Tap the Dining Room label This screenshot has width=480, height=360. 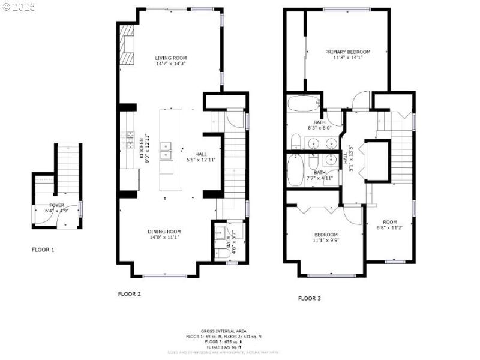coord(164,232)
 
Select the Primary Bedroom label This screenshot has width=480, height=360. coord(347,52)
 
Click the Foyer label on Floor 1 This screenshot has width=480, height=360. coord(56,205)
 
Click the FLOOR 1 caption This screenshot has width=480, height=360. coord(43,249)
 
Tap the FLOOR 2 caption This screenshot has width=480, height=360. coord(129,294)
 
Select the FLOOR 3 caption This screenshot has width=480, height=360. coord(310,298)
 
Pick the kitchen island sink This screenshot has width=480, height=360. coord(166,150)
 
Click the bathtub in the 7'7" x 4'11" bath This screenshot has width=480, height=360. coord(295,170)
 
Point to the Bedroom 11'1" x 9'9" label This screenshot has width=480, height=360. coord(325,235)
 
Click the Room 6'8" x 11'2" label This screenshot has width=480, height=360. coord(390,222)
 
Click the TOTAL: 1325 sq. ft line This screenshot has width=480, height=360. coord(231,347)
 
